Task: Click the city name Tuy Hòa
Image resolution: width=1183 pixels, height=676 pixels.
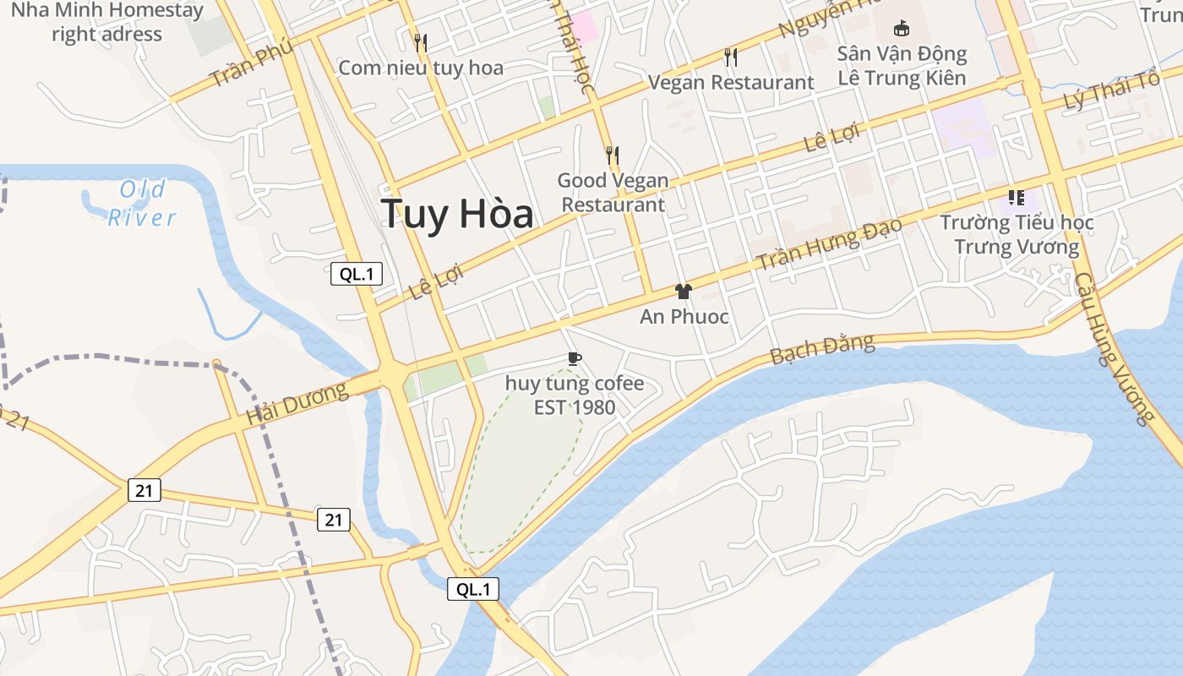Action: click(457, 215)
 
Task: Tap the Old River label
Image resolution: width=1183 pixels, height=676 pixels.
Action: click(142, 204)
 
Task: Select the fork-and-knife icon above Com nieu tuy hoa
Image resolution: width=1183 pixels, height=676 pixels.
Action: click(420, 42)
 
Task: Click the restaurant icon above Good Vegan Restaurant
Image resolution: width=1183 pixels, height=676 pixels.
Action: click(613, 155)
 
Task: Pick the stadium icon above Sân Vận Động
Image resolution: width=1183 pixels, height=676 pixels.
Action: click(902, 28)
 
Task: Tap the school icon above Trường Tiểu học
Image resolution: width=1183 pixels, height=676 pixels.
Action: click(1017, 198)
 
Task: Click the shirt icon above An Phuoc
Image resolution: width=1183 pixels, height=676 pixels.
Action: click(684, 292)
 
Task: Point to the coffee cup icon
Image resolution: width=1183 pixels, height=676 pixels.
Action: click(575, 358)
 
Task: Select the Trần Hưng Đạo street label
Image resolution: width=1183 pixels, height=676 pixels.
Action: click(829, 243)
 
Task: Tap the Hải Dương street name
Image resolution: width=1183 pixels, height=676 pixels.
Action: click(297, 404)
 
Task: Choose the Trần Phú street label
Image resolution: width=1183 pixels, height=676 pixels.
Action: click(251, 63)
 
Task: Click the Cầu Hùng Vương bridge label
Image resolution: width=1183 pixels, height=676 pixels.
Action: click(1115, 347)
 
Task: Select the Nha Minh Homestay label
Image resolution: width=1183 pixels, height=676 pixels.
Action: click(108, 23)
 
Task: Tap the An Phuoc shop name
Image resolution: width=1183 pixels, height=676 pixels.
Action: click(684, 317)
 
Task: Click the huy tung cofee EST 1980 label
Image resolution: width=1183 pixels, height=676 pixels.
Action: click(575, 395)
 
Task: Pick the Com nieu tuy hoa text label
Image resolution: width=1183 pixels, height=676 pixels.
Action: click(421, 68)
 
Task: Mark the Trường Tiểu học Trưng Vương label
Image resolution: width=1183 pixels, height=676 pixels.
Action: click(1017, 235)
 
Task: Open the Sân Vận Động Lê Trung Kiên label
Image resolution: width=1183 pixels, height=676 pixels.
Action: click(902, 66)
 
